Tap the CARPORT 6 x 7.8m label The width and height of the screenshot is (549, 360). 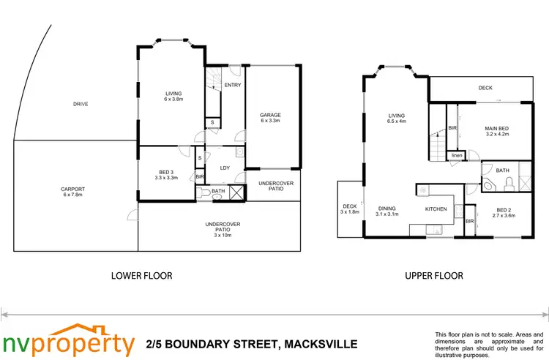pos(72,192)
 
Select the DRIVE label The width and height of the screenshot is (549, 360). pos(81,104)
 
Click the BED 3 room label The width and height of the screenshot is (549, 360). pos(167,173)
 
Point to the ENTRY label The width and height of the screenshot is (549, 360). pos(233,86)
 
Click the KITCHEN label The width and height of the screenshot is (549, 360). pos(436,209)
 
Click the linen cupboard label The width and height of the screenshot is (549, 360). pos(457,156)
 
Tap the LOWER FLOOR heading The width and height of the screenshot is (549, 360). pos(141,276)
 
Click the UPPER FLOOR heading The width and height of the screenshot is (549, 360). pos(434,276)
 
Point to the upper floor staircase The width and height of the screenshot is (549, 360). pos(437,144)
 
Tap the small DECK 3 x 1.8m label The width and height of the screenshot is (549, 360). pos(350,209)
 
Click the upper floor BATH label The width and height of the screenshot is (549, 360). pos(502,170)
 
